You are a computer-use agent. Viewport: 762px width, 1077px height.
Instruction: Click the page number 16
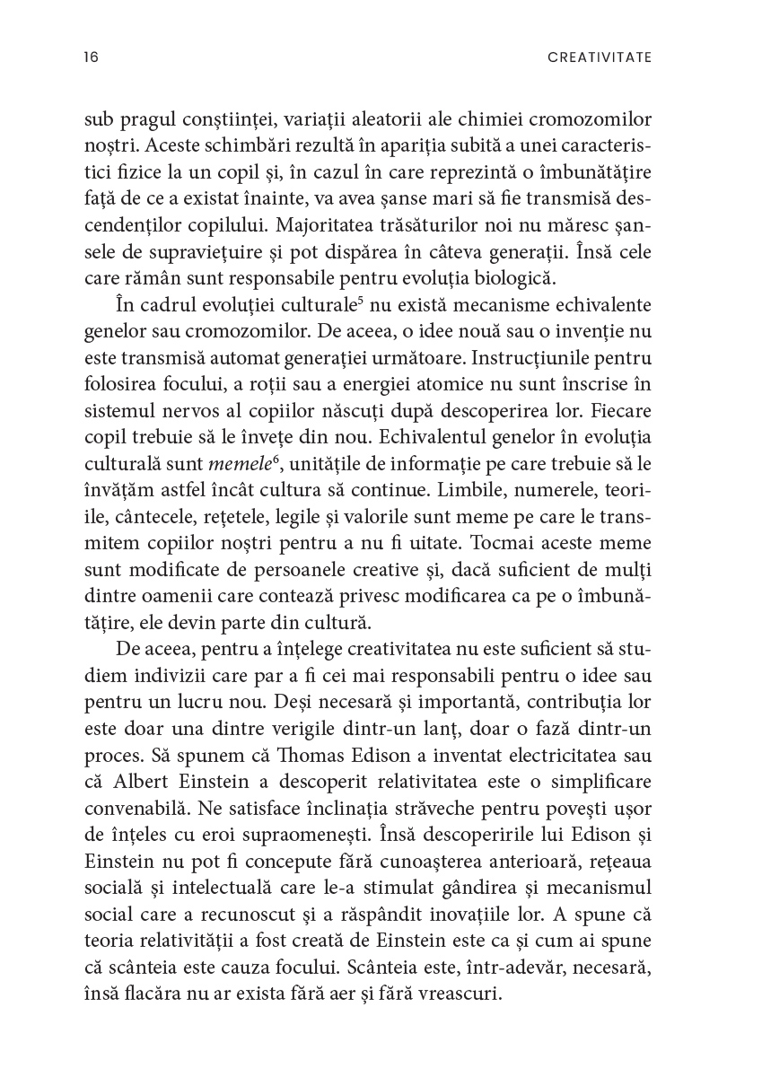click(x=91, y=57)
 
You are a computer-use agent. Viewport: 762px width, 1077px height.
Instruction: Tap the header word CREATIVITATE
click(x=599, y=57)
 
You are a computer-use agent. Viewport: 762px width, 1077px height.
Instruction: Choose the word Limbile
click(x=488, y=466)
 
